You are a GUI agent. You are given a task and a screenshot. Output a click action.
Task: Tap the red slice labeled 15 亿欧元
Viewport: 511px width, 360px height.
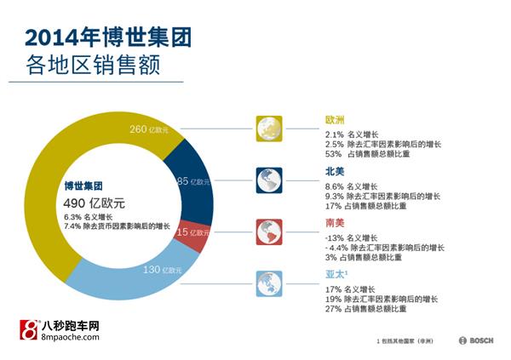tap(195, 233)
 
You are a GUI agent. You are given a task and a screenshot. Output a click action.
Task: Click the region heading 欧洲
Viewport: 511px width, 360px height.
tap(335, 121)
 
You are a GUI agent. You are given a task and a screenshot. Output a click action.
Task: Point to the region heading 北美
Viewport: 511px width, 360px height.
tap(335, 172)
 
